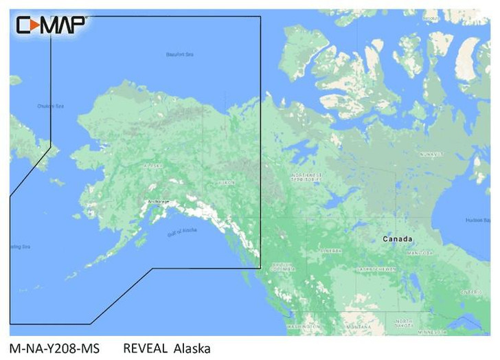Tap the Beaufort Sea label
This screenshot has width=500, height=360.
coord(181,55)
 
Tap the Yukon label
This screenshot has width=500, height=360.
coord(227,183)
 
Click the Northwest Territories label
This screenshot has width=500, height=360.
coord(307,177)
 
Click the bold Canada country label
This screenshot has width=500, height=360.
coord(398,239)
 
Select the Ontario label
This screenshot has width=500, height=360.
coord(470,291)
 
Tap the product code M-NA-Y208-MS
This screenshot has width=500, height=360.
coord(55,349)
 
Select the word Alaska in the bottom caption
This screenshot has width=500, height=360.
coord(192,349)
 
